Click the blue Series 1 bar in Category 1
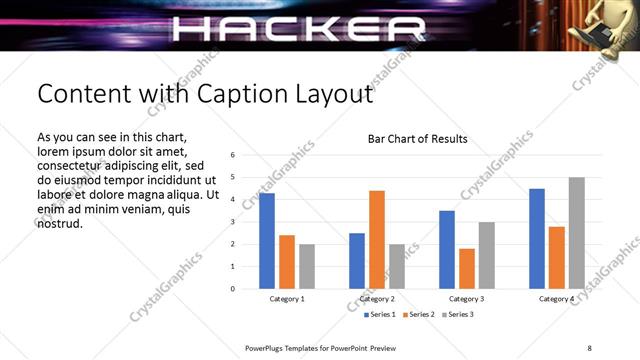pyautogui.click(x=267, y=240)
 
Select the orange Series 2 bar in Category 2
pyautogui.click(x=377, y=239)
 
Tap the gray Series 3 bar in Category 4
pyautogui.click(x=577, y=232)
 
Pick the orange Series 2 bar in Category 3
pyautogui.click(x=467, y=268)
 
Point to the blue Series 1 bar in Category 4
pyautogui.click(x=537, y=238)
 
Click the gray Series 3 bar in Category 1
pyautogui.click(x=307, y=266)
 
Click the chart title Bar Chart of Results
pyautogui.click(x=418, y=139)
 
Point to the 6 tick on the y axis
pyautogui.click(x=232, y=155)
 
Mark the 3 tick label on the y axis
pyautogui.click(x=232, y=222)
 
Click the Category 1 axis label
pyautogui.click(x=287, y=299)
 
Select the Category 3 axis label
pyautogui.click(x=467, y=299)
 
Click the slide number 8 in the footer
pyautogui.click(x=589, y=347)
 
